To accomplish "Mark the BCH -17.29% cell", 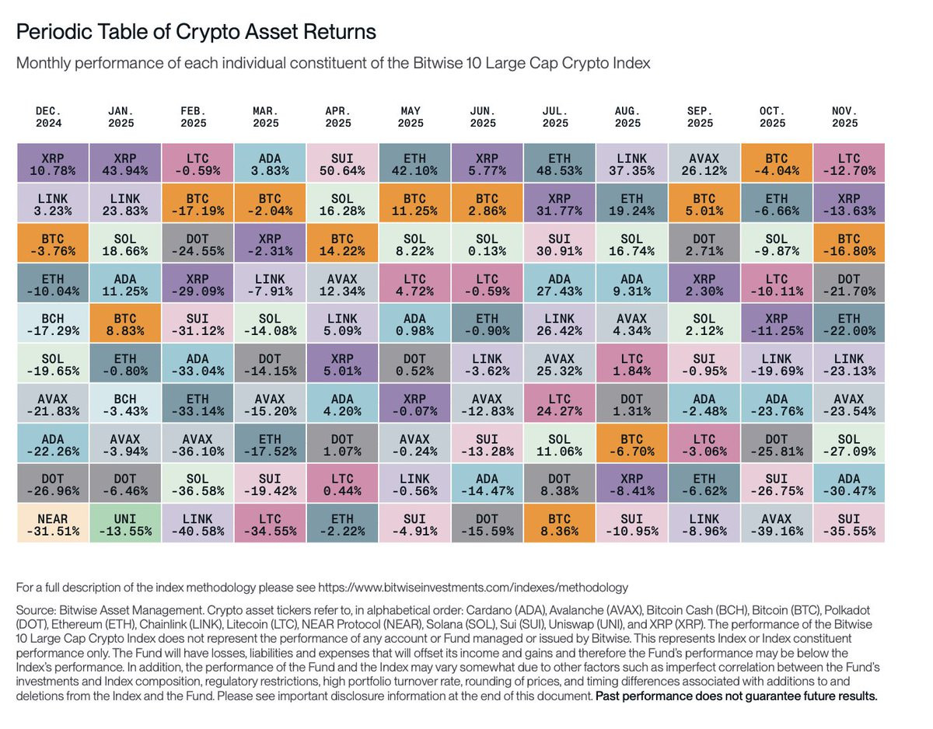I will (x=48, y=323).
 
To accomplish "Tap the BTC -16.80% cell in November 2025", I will (x=845, y=242).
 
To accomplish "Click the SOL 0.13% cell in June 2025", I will (x=483, y=242).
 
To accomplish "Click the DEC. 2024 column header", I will (x=48, y=117).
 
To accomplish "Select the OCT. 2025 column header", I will (x=773, y=117).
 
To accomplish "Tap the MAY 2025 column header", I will (x=411, y=117).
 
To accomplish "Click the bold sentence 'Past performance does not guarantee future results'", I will (x=736, y=696).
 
